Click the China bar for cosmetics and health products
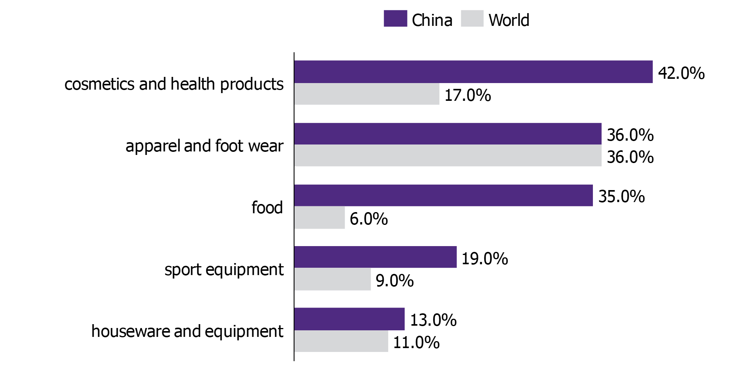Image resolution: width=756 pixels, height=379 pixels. click(473, 72)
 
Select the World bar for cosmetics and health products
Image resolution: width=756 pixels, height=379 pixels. click(366, 94)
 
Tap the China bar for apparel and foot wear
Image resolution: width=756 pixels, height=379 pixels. click(448, 134)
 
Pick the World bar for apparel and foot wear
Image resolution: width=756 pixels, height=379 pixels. click(448, 156)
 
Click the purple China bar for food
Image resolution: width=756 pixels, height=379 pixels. click(443, 195)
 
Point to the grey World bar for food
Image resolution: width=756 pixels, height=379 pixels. click(319, 218)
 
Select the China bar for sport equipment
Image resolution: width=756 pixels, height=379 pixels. click(375, 257)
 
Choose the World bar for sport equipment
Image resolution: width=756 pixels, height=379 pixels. click(332, 279)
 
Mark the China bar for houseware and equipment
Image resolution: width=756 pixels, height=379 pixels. click(349, 319)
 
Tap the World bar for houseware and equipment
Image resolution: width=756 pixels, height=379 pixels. click(341, 341)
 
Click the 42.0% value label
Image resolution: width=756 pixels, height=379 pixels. click(681, 73)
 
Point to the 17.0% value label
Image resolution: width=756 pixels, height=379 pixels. click(467, 95)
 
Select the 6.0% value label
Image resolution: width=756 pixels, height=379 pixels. click(368, 219)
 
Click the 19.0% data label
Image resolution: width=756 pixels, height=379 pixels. click(484, 258)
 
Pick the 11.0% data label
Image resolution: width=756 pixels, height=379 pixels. click(416, 343)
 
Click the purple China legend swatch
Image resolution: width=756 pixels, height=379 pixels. click(395, 19)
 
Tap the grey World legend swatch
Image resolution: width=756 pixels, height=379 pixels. click(472, 19)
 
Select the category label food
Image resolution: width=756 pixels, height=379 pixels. click(267, 207)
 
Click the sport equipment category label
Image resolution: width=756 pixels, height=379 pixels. click(224, 270)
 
